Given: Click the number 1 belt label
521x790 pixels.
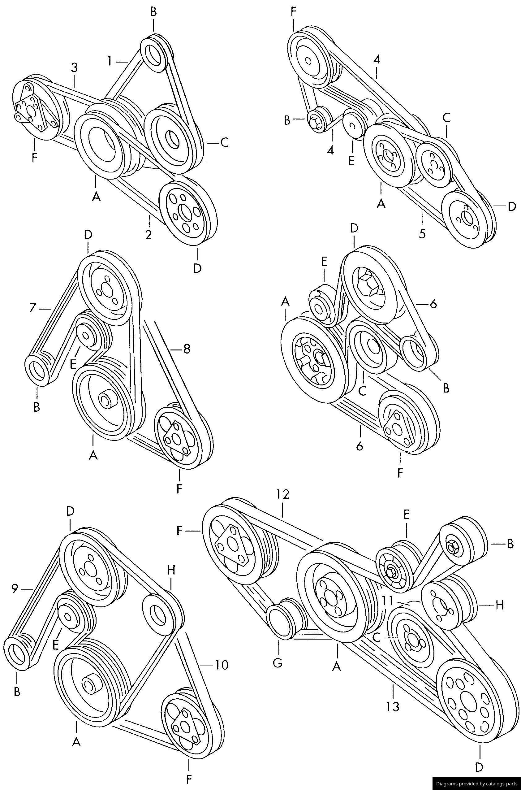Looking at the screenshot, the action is pos(110,61).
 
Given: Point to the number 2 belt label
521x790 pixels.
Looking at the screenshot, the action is pos(149,234).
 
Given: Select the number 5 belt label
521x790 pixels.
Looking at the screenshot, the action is pos(422,233).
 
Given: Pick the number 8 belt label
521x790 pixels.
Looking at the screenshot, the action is pos(187,349).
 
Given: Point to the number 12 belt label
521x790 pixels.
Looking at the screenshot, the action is pos(282,494).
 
